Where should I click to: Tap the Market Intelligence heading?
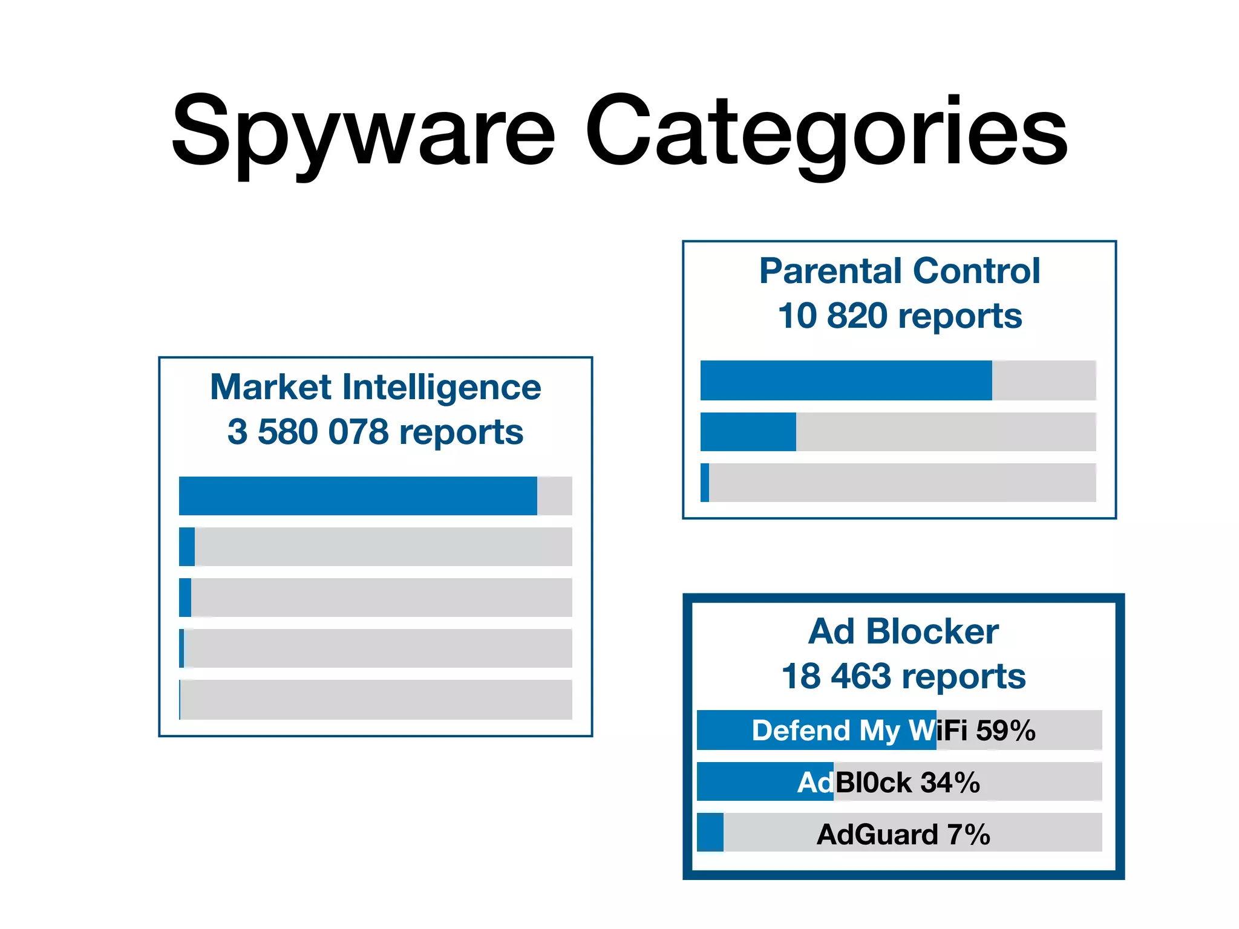tap(375, 387)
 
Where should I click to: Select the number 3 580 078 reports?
tap(375, 432)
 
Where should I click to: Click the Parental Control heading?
tap(900, 270)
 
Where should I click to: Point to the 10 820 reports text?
tap(900, 316)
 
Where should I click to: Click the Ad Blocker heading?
tap(903, 631)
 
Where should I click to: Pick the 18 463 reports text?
tap(903, 676)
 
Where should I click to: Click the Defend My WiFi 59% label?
tap(894, 731)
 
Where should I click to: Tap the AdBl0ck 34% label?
tap(888, 783)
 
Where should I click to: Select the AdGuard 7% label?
tap(903, 835)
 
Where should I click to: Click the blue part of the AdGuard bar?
tap(710, 833)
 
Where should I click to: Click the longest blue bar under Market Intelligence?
tap(358, 496)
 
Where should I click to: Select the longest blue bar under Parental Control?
tap(846, 380)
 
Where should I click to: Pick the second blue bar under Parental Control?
tap(748, 432)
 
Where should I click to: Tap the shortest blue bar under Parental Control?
tap(705, 483)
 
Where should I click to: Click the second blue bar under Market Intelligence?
tap(187, 547)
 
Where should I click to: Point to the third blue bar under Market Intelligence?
tap(185, 598)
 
